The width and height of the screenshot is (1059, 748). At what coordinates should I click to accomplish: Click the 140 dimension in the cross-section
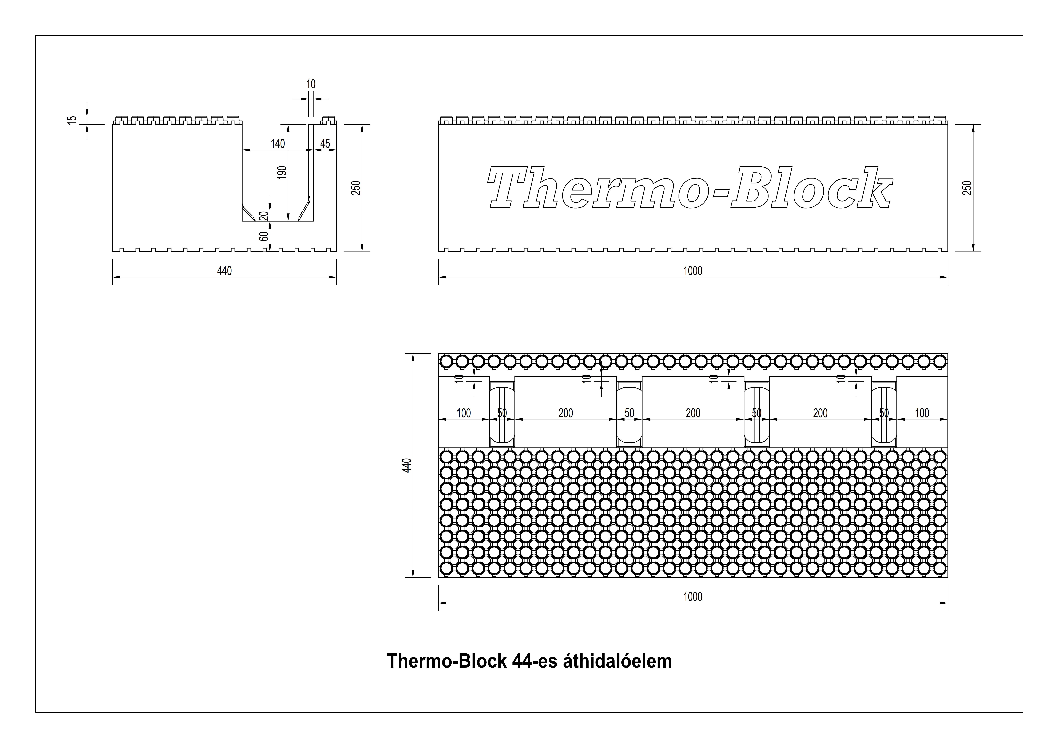click(x=278, y=143)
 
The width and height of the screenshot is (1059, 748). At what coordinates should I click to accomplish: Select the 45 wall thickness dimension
click(x=325, y=143)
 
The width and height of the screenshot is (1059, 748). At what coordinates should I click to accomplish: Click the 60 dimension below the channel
click(x=263, y=236)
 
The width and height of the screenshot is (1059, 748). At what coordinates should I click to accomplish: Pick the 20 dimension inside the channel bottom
click(x=263, y=216)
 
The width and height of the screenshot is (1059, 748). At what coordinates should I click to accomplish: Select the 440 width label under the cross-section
click(x=225, y=271)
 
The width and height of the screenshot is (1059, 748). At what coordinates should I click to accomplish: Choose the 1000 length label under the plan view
click(x=693, y=597)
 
